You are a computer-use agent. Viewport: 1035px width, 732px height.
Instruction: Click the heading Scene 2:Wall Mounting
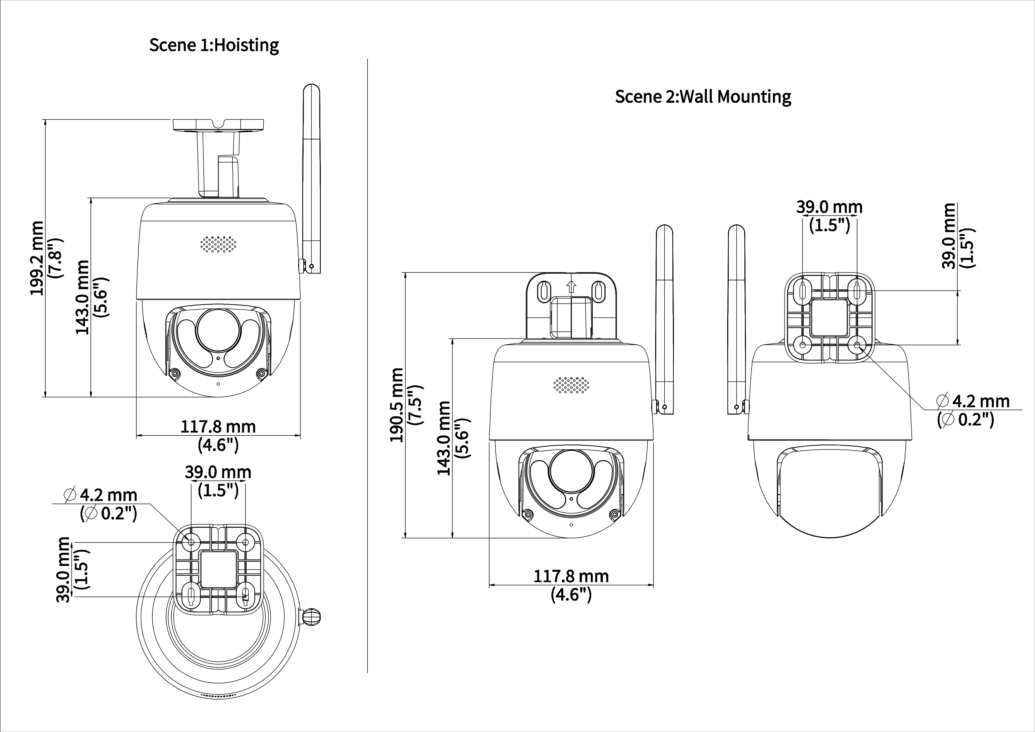pyautogui.click(x=703, y=96)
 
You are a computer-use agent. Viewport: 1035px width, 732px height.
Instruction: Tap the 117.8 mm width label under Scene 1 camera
pyautogui.click(x=218, y=427)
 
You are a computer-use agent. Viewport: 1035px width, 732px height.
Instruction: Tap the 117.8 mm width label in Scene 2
pyautogui.click(x=571, y=576)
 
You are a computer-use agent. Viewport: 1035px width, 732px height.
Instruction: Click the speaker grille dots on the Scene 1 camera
pyautogui.click(x=218, y=244)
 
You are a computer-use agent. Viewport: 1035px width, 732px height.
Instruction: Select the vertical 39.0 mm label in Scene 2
pyautogui.click(x=949, y=235)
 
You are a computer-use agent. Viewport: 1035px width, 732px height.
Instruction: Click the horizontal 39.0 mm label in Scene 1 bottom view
pyautogui.click(x=218, y=472)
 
